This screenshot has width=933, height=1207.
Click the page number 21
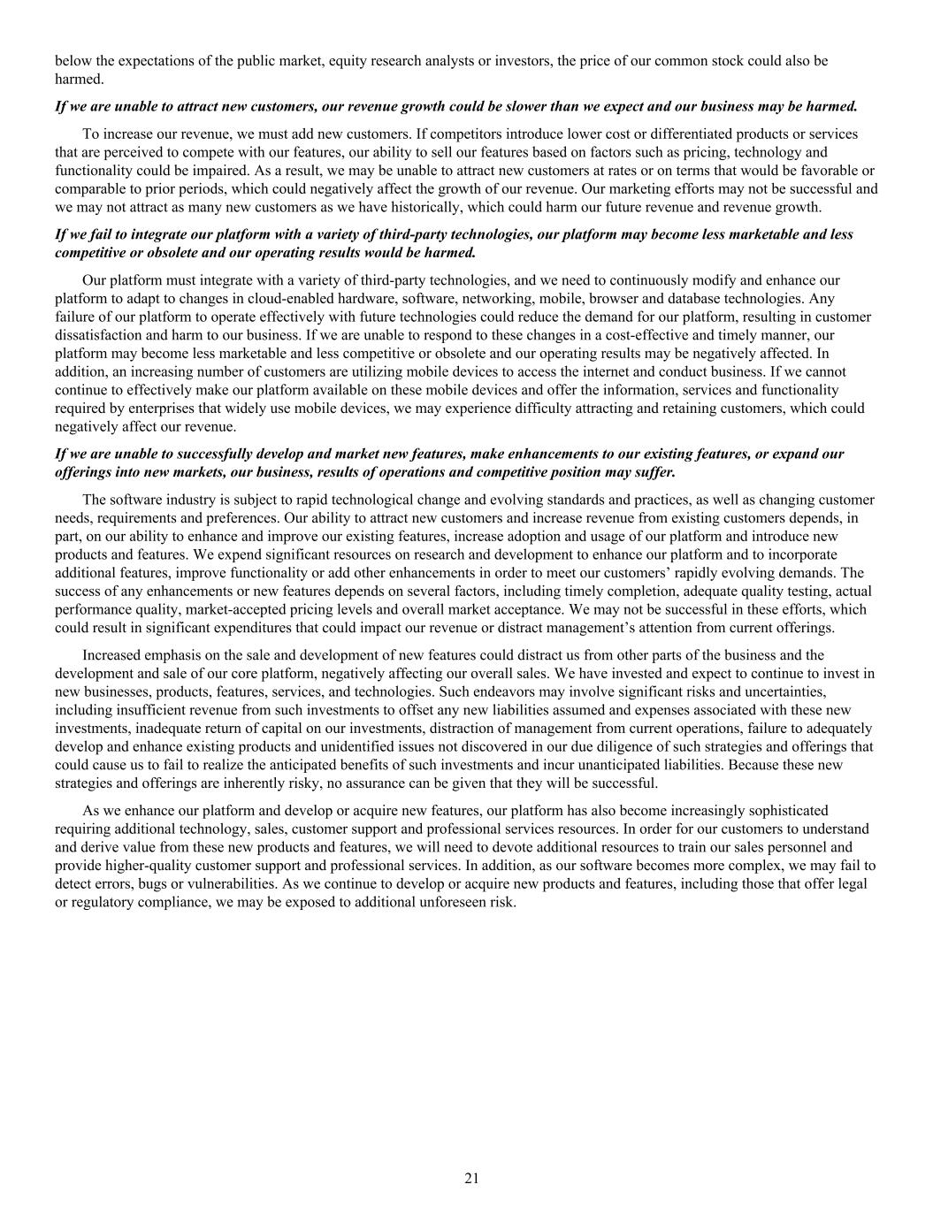471,1178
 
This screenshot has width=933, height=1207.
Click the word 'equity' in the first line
379,61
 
